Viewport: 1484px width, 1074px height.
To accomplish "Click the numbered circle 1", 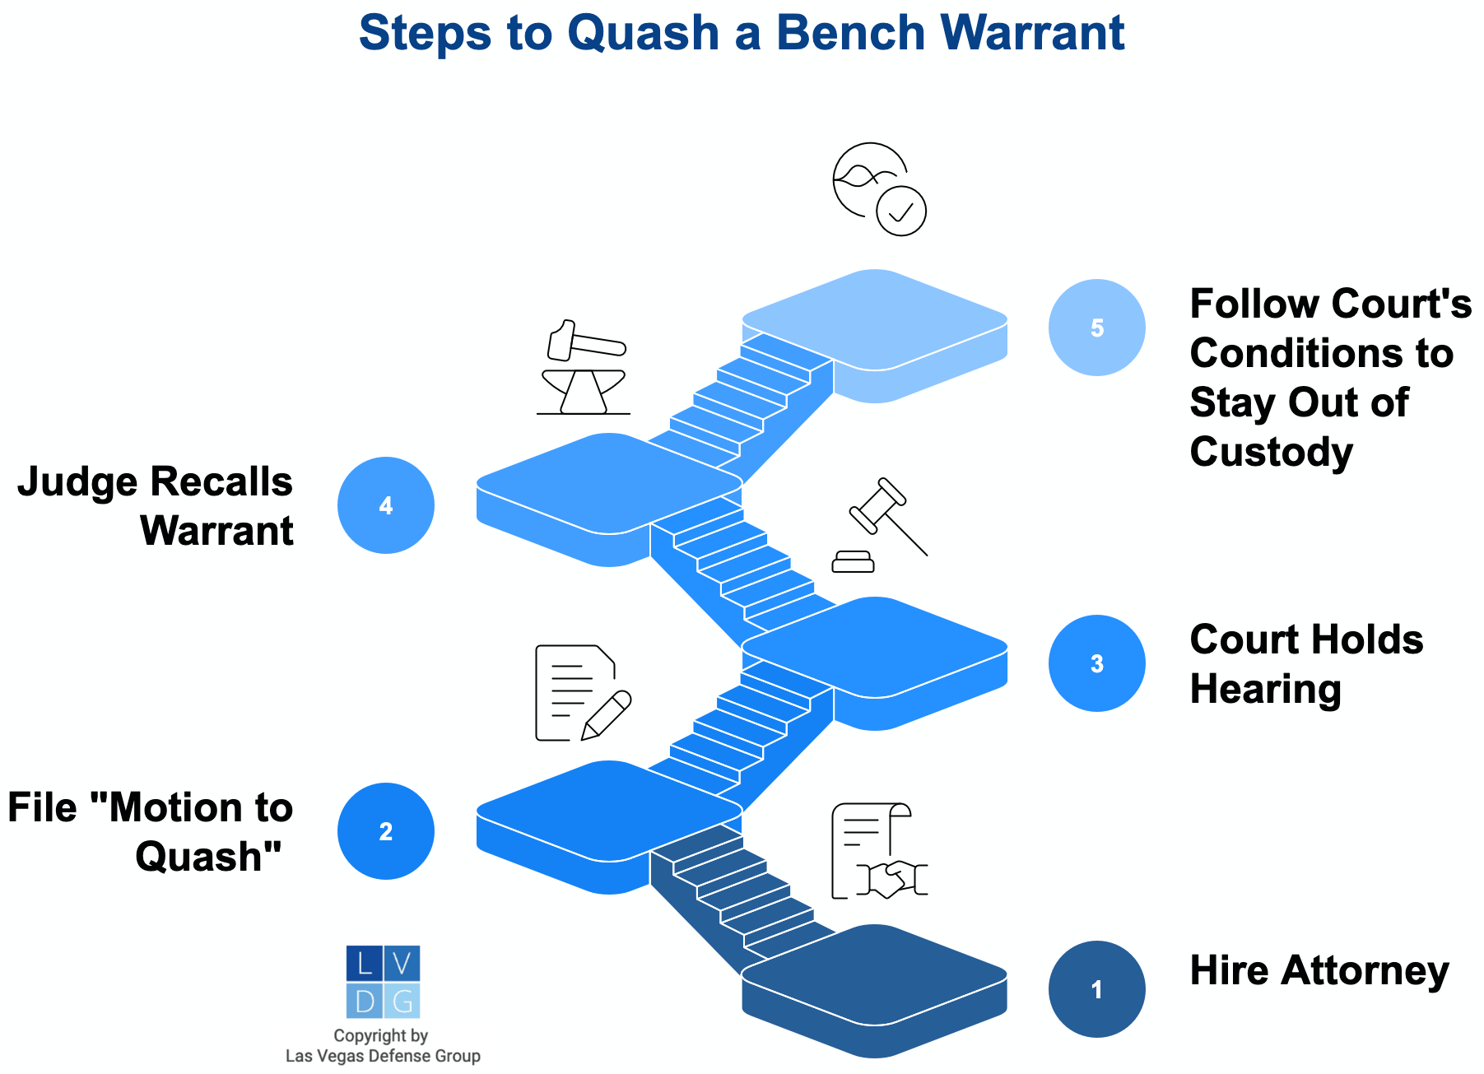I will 1096,988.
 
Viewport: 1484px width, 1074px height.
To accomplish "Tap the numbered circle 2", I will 385,830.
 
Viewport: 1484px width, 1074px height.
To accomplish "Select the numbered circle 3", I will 1096,663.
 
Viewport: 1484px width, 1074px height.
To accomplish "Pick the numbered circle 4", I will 385,504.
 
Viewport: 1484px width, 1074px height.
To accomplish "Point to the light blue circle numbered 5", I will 1096,328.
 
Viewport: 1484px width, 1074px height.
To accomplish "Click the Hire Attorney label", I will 1319,970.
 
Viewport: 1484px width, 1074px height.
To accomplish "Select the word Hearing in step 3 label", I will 1265,689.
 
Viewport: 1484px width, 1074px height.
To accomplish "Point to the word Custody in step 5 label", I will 1271,453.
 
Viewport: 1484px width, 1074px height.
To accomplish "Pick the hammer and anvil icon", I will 583,367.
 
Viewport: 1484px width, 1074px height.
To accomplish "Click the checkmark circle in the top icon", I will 901,212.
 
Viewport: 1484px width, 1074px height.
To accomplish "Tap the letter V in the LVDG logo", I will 402,963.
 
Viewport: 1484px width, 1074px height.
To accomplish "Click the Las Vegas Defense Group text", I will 383,1056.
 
